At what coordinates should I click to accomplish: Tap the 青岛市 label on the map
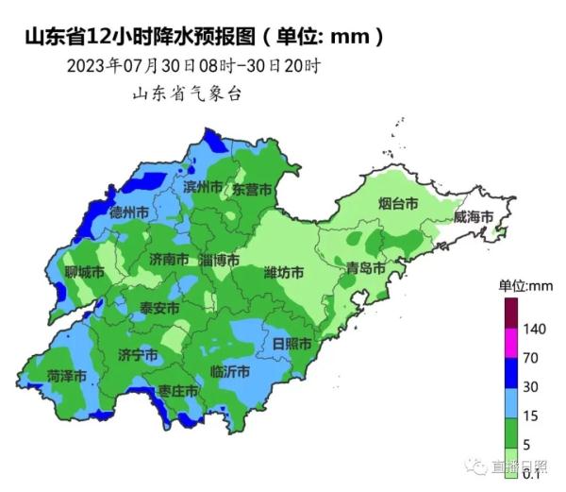pyautogui.click(x=365, y=267)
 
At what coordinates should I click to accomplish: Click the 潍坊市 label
pyautogui.click(x=284, y=273)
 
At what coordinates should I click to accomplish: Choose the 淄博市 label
pyautogui.click(x=220, y=259)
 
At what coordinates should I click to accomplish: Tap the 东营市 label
pyautogui.click(x=252, y=189)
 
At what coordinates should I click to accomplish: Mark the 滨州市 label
pyautogui.click(x=204, y=187)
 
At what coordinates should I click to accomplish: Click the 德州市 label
pyautogui.click(x=128, y=213)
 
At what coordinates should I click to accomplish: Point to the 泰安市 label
pyautogui.click(x=159, y=308)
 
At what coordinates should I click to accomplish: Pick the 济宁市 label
pyautogui.click(x=138, y=354)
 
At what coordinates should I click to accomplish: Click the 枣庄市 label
pyautogui.click(x=178, y=390)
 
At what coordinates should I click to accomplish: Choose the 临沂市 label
pyautogui.click(x=231, y=371)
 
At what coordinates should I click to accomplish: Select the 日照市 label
pyautogui.click(x=291, y=341)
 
